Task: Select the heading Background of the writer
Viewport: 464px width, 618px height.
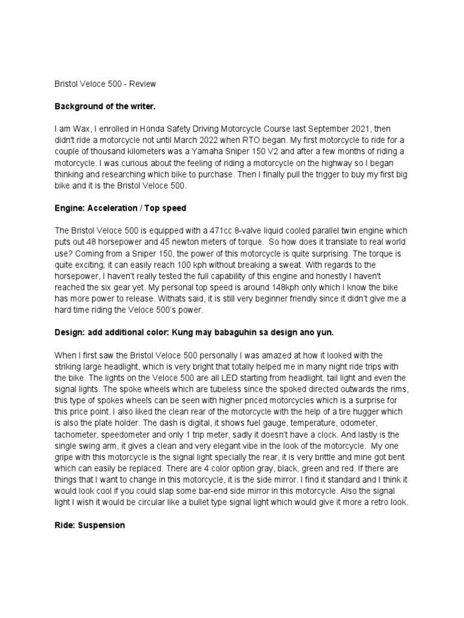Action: pos(105,107)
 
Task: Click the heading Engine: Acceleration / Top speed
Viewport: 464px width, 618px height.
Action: pos(121,208)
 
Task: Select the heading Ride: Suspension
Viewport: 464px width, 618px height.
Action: pos(90,525)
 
